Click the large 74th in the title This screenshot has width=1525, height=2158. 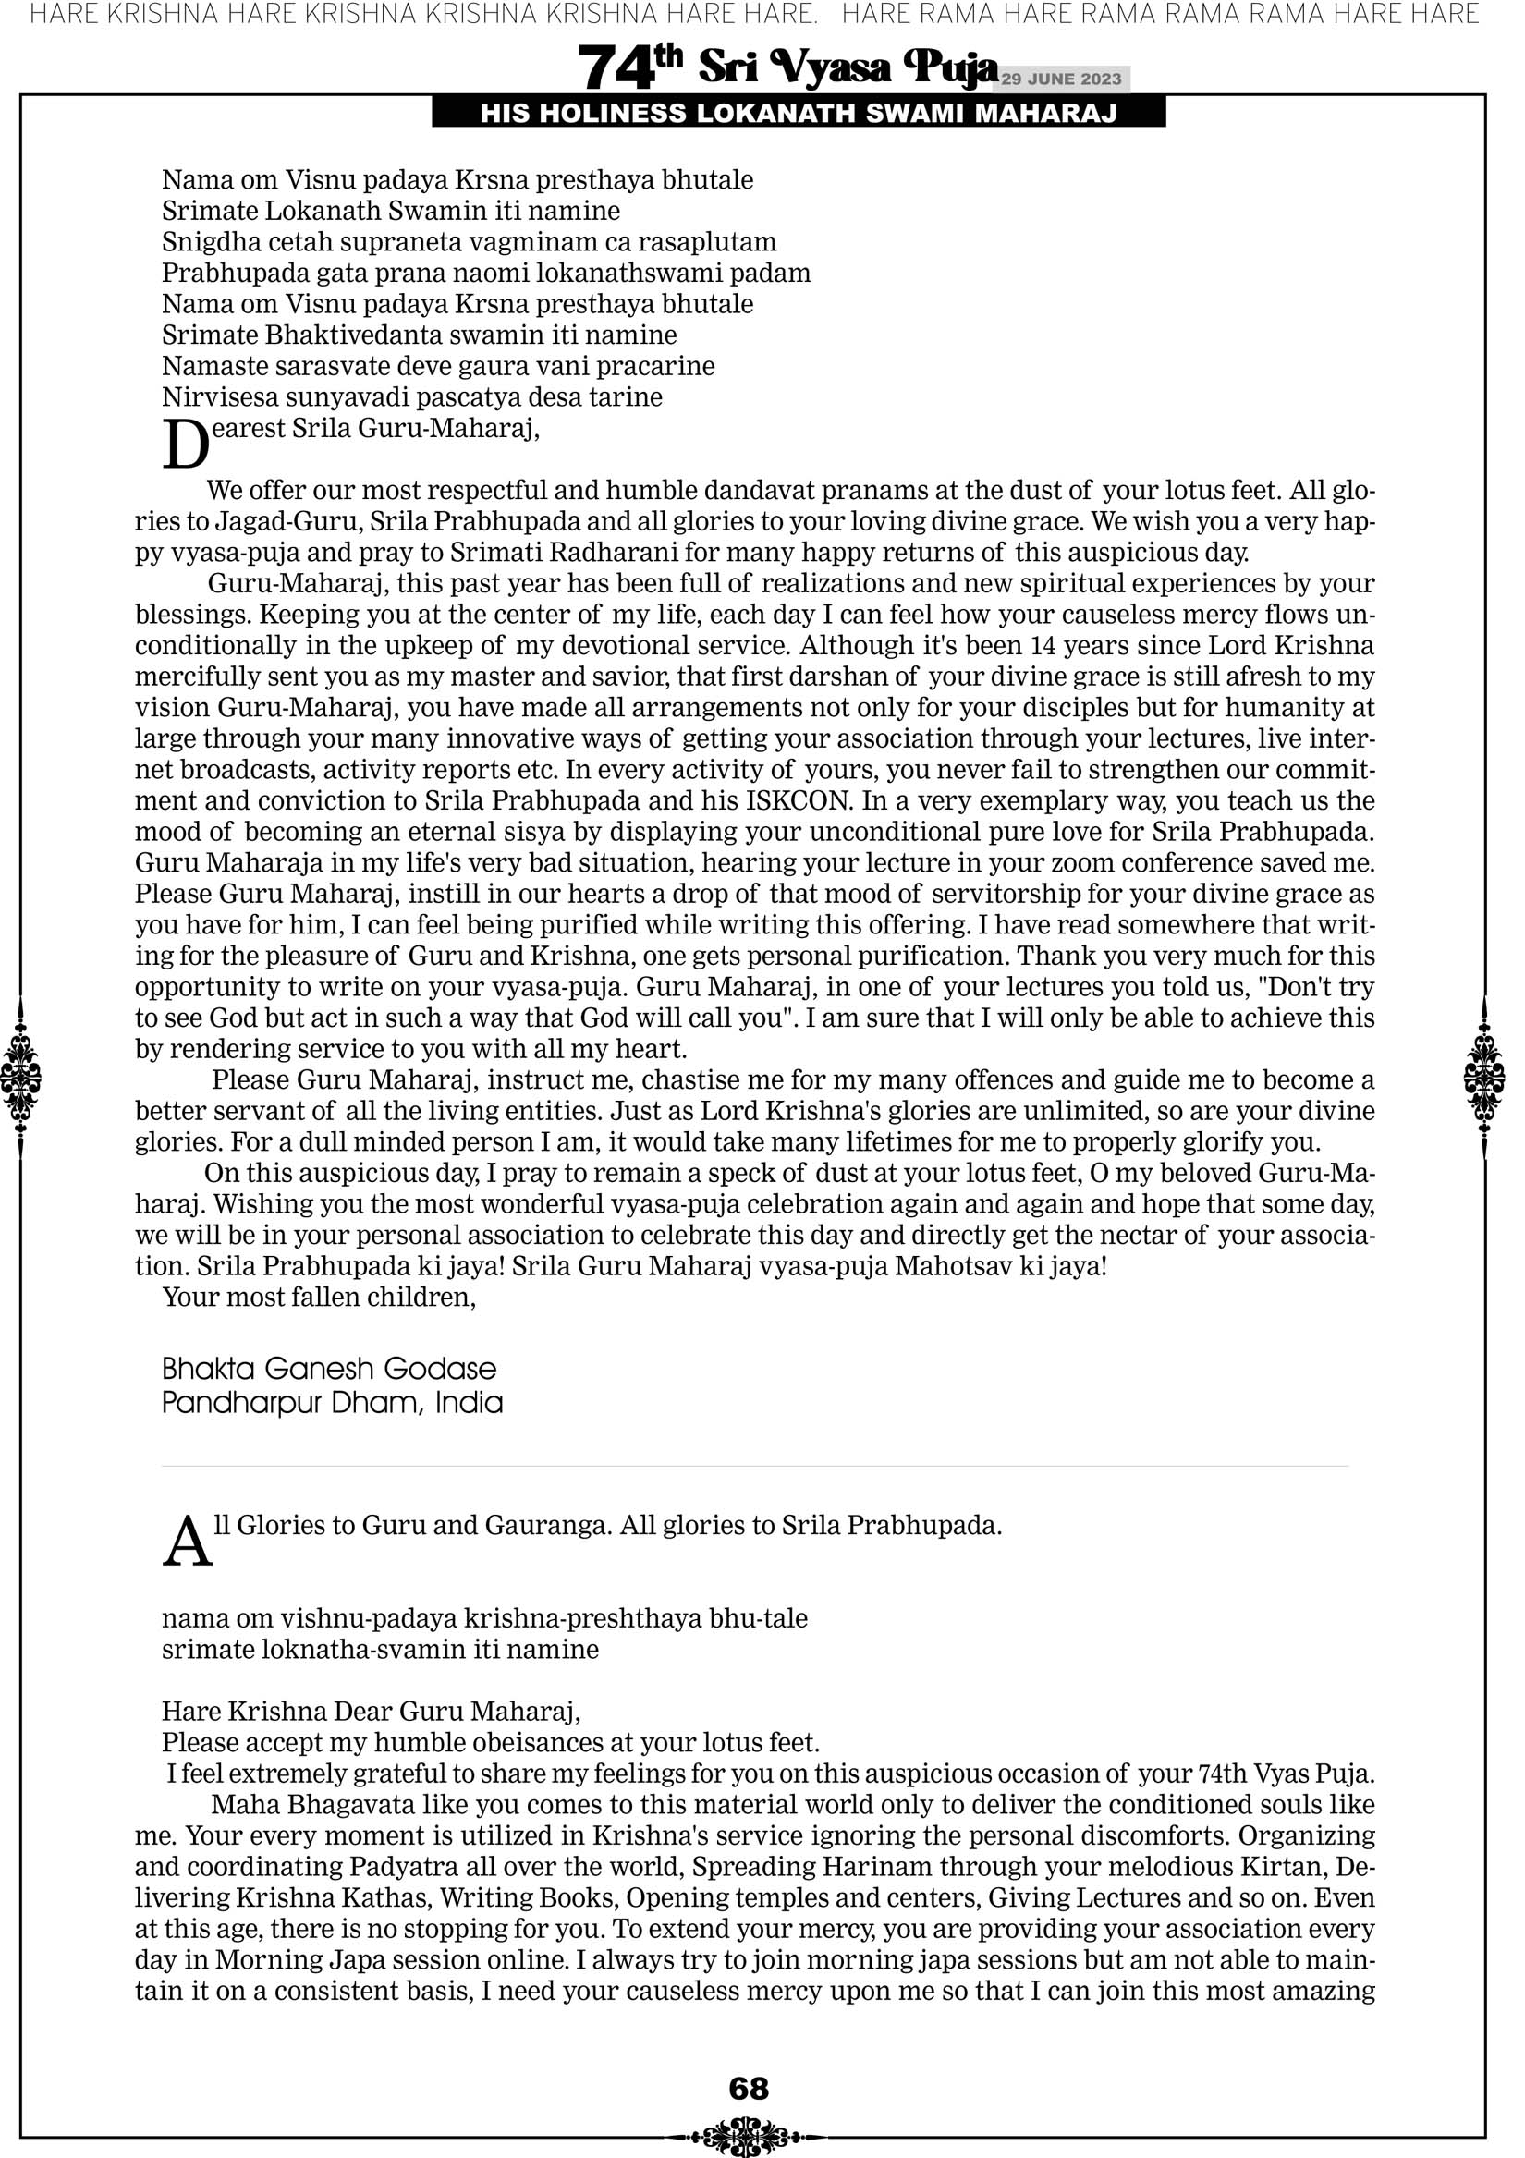(x=630, y=67)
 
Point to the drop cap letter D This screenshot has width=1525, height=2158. (x=185, y=444)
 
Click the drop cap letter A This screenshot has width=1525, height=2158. (x=187, y=1542)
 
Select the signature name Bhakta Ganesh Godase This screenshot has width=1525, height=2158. (x=329, y=1369)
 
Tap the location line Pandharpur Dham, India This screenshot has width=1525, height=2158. (x=332, y=1403)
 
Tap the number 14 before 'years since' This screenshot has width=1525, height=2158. (x=1044, y=646)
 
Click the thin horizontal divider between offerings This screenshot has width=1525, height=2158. (x=755, y=1466)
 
